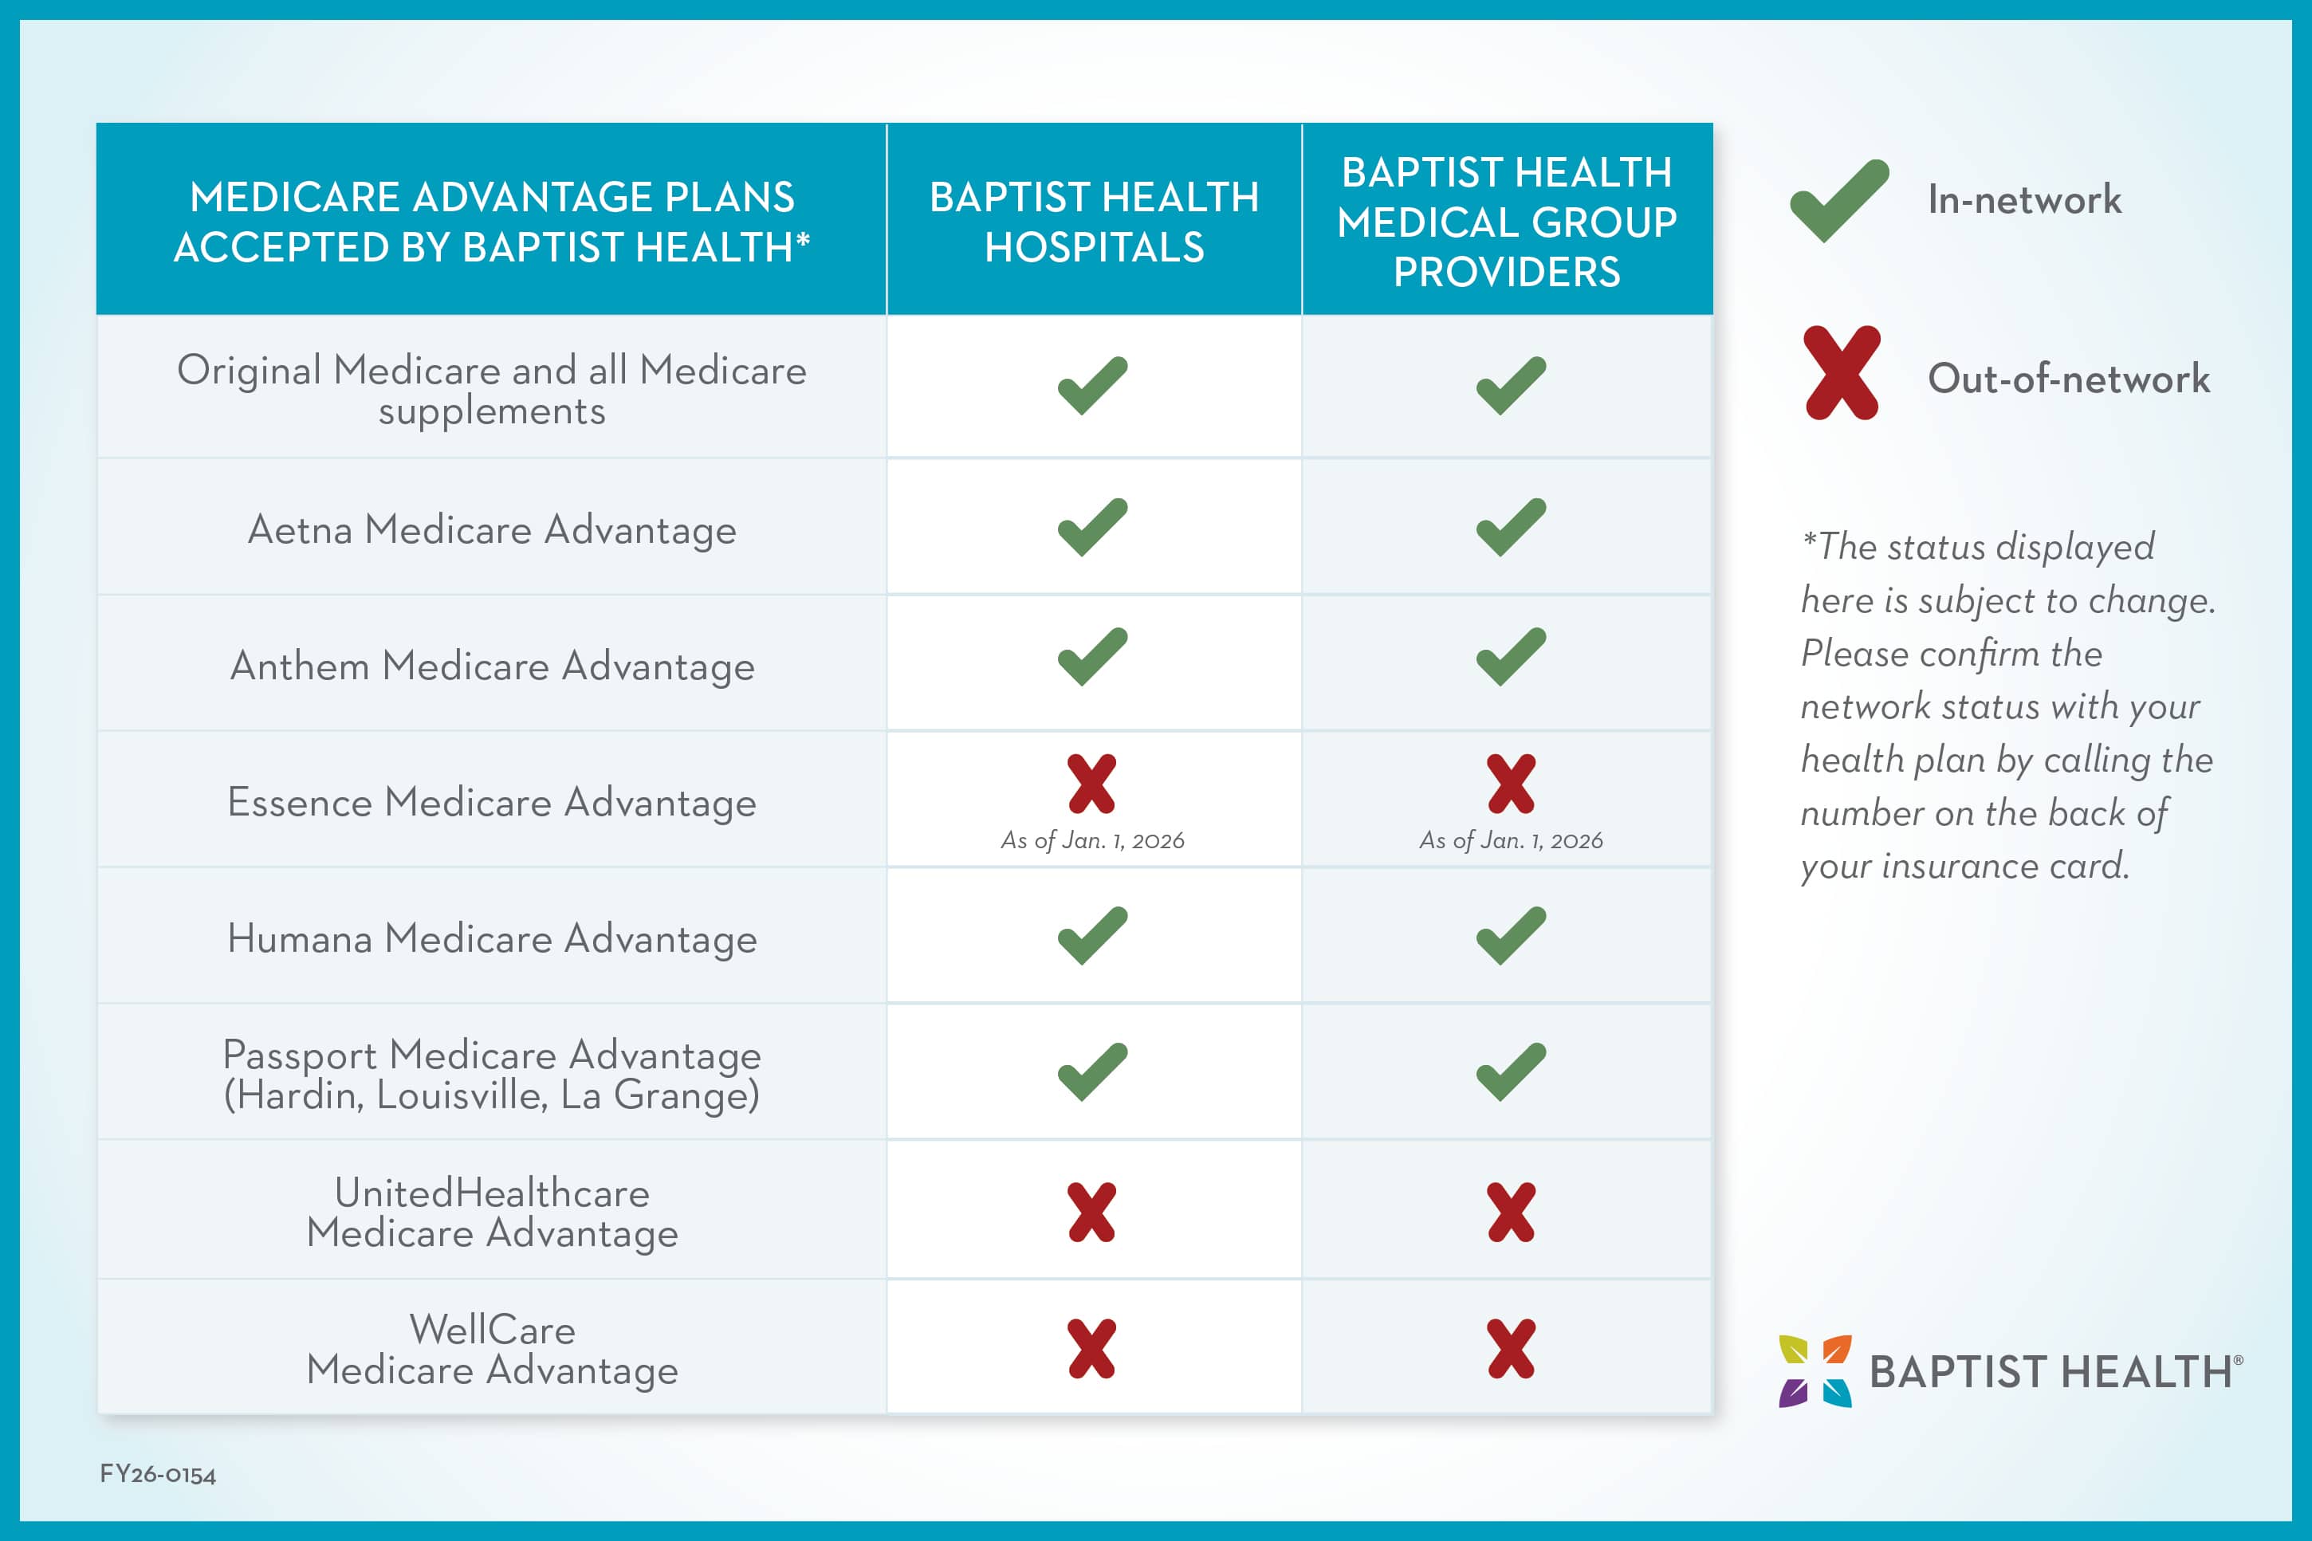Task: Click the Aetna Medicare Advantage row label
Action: click(x=491, y=529)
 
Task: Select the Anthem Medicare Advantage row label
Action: click(x=491, y=666)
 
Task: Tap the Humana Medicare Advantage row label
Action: click(x=491, y=938)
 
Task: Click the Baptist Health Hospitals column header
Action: click(x=1094, y=221)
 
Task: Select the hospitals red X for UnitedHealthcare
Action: click(x=1091, y=1212)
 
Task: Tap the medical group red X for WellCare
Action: click(x=1510, y=1348)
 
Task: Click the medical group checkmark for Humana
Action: click(x=1510, y=936)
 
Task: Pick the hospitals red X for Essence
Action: click(x=1091, y=784)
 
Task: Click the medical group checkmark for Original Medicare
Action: click(x=1510, y=385)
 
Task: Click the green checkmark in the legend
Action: click(x=1838, y=200)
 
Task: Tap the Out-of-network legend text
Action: click(x=2068, y=379)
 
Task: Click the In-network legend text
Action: click(x=2024, y=199)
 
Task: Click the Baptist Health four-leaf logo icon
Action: click(x=1815, y=1371)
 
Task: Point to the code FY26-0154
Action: click(x=157, y=1474)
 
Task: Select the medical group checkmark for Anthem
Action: click(x=1510, y=656)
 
